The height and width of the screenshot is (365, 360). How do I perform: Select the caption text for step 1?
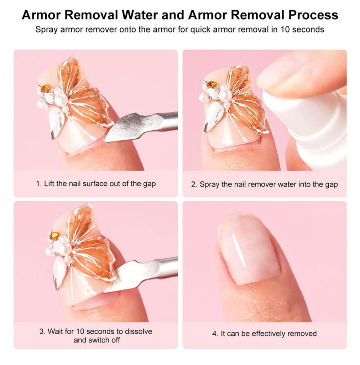pos(96,184)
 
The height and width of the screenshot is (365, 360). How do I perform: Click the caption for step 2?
pos(264,184)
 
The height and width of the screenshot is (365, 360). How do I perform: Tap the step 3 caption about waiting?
pos(95,335)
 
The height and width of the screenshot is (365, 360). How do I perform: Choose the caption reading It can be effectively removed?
pos(264,334)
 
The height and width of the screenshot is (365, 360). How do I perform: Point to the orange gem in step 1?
pos(46,88)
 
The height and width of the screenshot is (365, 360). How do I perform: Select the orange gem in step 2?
pos(212,84)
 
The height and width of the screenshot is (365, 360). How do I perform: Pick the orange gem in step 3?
pos(54,236)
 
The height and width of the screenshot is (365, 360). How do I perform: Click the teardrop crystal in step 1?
pos(57,122)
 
